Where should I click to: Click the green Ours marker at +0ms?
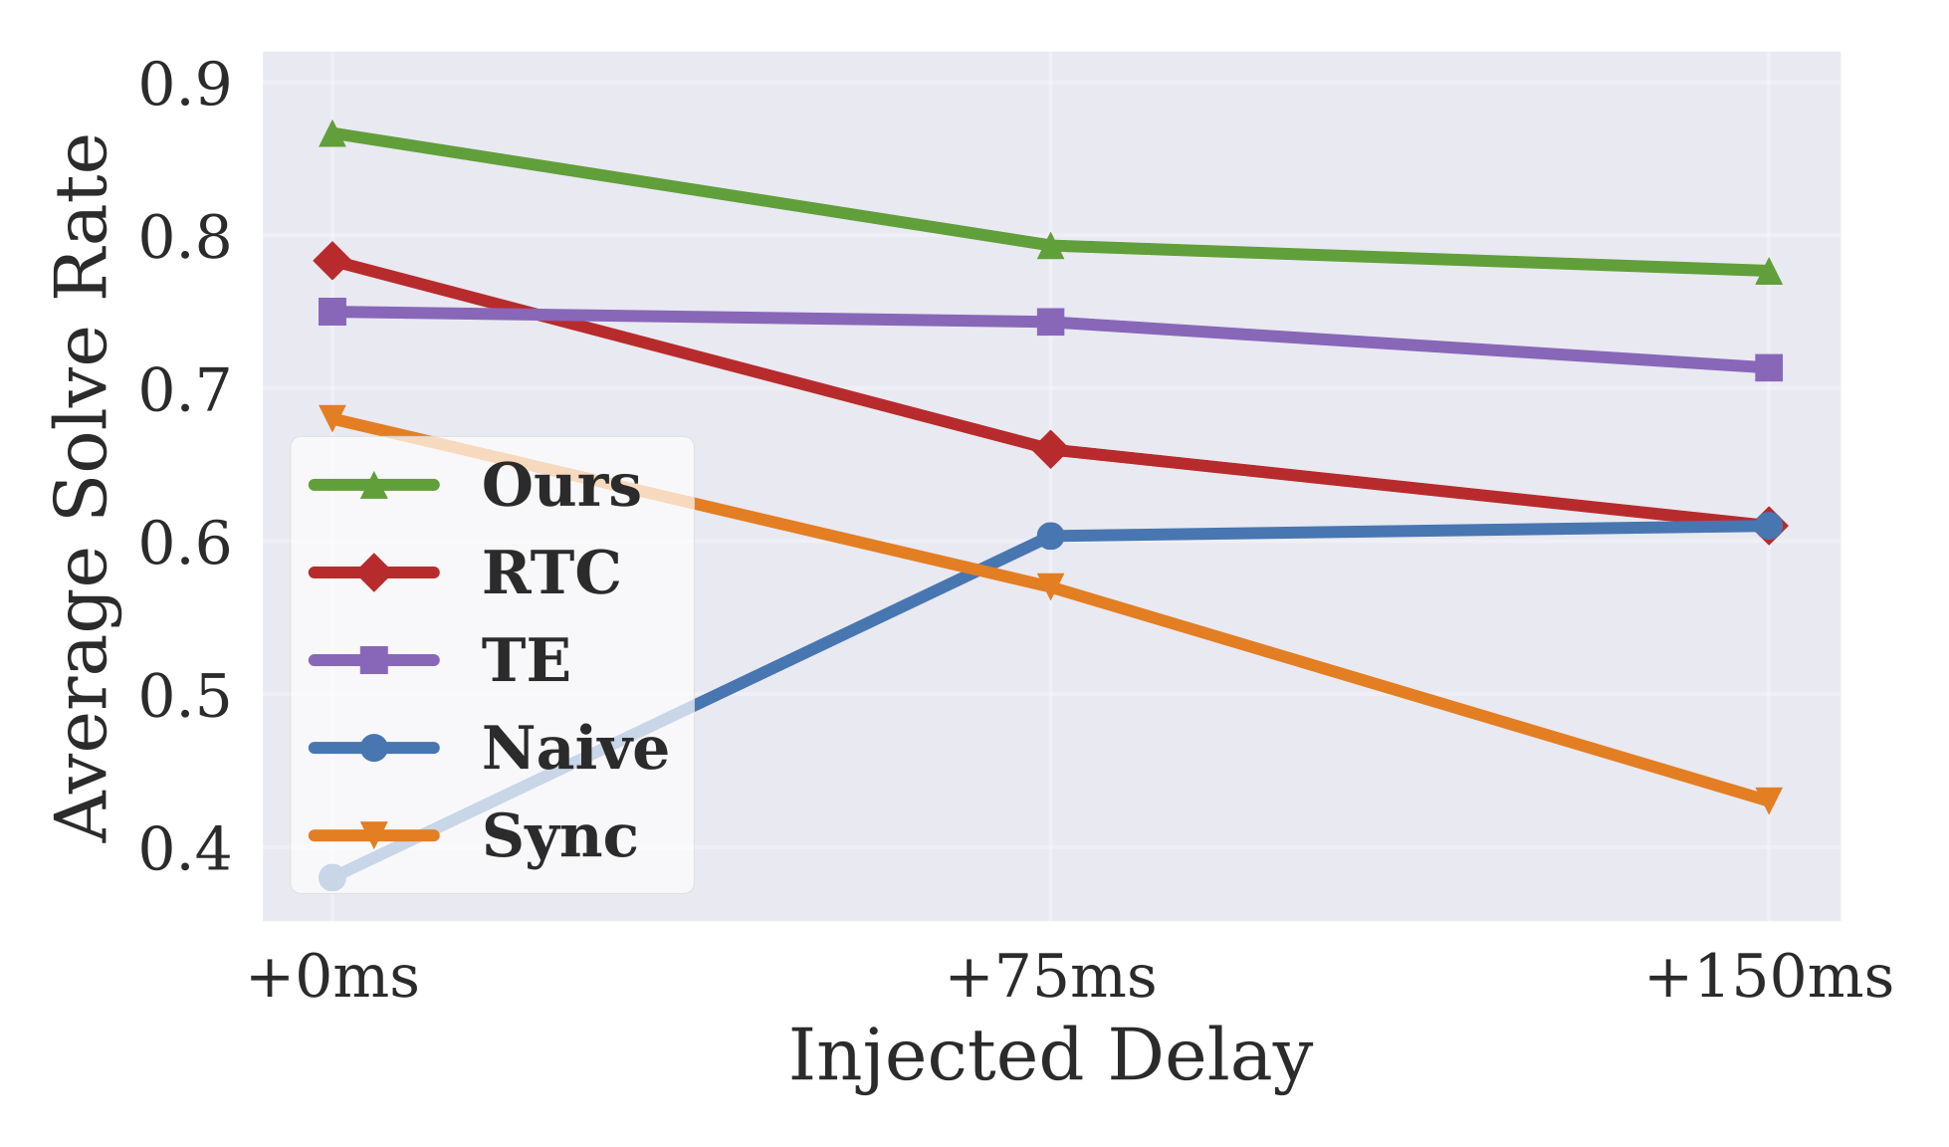[332, 134]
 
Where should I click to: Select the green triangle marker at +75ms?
[1050, 246]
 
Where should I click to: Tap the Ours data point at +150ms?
[1768, 271]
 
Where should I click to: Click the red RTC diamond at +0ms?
[332, 261]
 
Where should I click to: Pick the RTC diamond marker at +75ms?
[1050, 450]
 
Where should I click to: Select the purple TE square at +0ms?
[332, 312]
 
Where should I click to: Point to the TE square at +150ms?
[1768, 367]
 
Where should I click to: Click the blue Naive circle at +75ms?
[1050, 536]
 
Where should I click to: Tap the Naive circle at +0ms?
[332, 877]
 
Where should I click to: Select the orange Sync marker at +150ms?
[1768, 799]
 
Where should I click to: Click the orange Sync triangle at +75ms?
[1050, 585]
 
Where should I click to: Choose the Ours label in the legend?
[560, 486]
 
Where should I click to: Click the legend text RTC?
[550, 573]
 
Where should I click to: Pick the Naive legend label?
[574, 748]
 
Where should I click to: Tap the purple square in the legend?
[373, 659]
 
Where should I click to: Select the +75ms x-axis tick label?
[1050, 977]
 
